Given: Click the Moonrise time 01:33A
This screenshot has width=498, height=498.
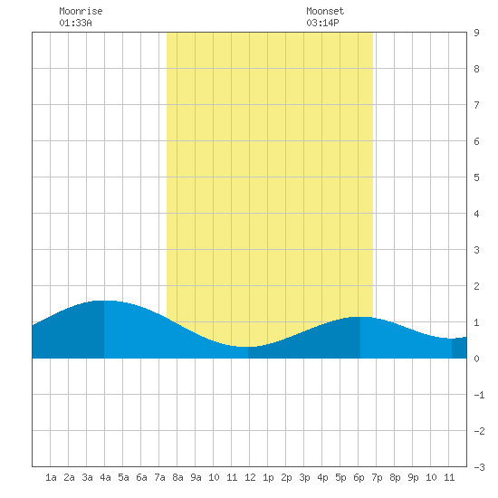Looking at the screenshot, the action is point(75,23).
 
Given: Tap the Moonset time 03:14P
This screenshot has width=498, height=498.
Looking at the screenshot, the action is point(322,23).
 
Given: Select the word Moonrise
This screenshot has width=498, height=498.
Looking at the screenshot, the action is point(81,11).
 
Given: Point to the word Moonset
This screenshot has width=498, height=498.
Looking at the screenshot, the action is point(325,11).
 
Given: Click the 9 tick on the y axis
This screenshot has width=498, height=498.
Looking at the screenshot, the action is point(476,33).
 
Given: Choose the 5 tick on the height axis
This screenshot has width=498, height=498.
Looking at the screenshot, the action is point(476,177).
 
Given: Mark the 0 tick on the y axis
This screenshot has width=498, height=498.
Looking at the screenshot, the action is point(476,359).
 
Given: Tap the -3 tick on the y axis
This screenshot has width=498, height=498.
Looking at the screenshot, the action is point(479,467).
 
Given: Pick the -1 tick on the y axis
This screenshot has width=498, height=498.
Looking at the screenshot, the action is point(479,395).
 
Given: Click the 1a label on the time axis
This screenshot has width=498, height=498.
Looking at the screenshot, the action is point(51,477).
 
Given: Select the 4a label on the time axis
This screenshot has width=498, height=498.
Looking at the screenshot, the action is point(105,477).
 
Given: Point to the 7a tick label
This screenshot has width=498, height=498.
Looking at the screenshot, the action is point(159,477).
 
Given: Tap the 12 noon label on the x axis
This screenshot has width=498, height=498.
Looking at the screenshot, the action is point(250,477).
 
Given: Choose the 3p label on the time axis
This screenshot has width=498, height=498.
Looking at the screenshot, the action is point(304,477).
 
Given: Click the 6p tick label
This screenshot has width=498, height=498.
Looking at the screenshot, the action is point(359,477).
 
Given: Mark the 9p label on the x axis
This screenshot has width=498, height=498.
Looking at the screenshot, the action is point(413,477).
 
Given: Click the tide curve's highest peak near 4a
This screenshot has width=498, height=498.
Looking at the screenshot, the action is point(104,301).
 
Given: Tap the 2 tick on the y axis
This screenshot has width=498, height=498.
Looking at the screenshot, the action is point(476,286).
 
